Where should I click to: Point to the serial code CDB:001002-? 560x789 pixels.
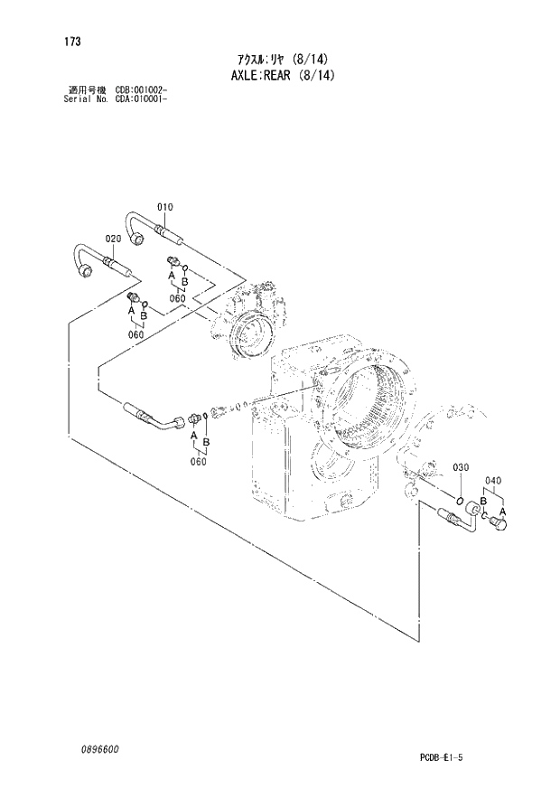(142, 89)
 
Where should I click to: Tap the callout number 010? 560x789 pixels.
(164, 207)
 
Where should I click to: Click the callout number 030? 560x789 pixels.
(461, 467)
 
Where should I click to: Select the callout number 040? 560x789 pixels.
(492, 480)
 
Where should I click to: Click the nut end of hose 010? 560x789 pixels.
(138, 239)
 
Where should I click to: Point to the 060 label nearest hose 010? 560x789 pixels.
(176, 299)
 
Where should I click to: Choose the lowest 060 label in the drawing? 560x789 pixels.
(198, 461)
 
